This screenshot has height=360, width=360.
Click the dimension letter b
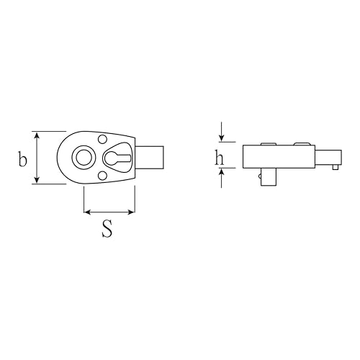(22, 159)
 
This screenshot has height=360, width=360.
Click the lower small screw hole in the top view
(101, 176)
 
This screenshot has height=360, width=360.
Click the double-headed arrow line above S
(109, 212)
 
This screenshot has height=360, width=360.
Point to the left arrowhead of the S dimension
(87, 212)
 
